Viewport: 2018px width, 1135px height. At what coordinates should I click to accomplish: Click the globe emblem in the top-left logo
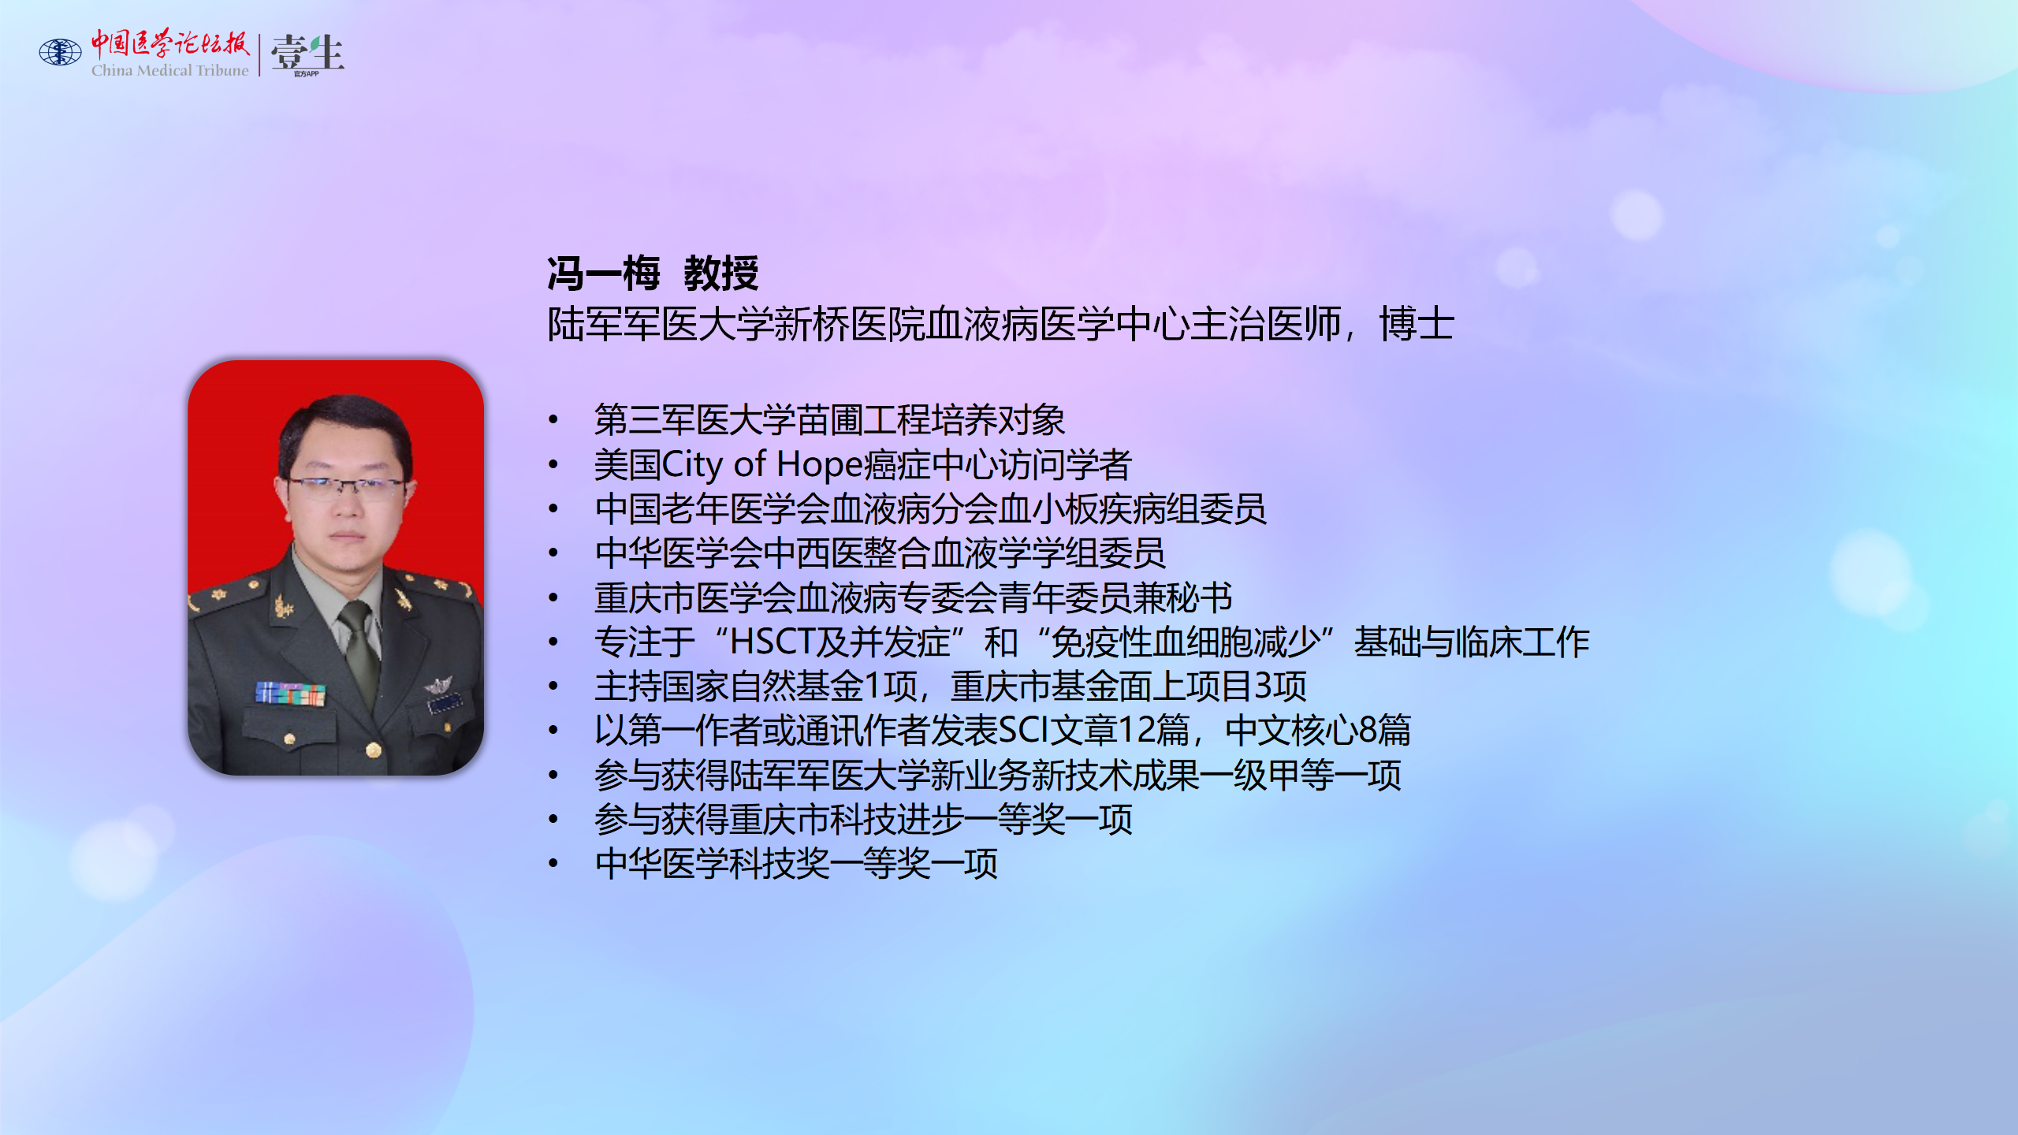coord(61,52)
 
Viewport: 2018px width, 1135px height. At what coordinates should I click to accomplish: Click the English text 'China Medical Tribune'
coord(169,70)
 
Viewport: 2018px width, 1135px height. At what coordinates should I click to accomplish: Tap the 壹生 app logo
coord(307,54)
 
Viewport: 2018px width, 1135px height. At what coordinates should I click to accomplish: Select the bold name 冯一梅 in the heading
coord(604,274)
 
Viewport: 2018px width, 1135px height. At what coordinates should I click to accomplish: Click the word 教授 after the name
coord(721,274)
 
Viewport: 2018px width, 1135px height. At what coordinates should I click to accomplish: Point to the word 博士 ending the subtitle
coord(1417,324)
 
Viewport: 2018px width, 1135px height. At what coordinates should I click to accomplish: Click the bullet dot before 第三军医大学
coord(553,420)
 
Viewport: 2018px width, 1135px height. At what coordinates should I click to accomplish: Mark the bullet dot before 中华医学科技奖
coord(553,864)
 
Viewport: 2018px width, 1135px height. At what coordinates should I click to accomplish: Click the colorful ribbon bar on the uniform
coord(290,694)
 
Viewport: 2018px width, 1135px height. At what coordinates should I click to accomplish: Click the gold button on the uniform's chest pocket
coord(289,739)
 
